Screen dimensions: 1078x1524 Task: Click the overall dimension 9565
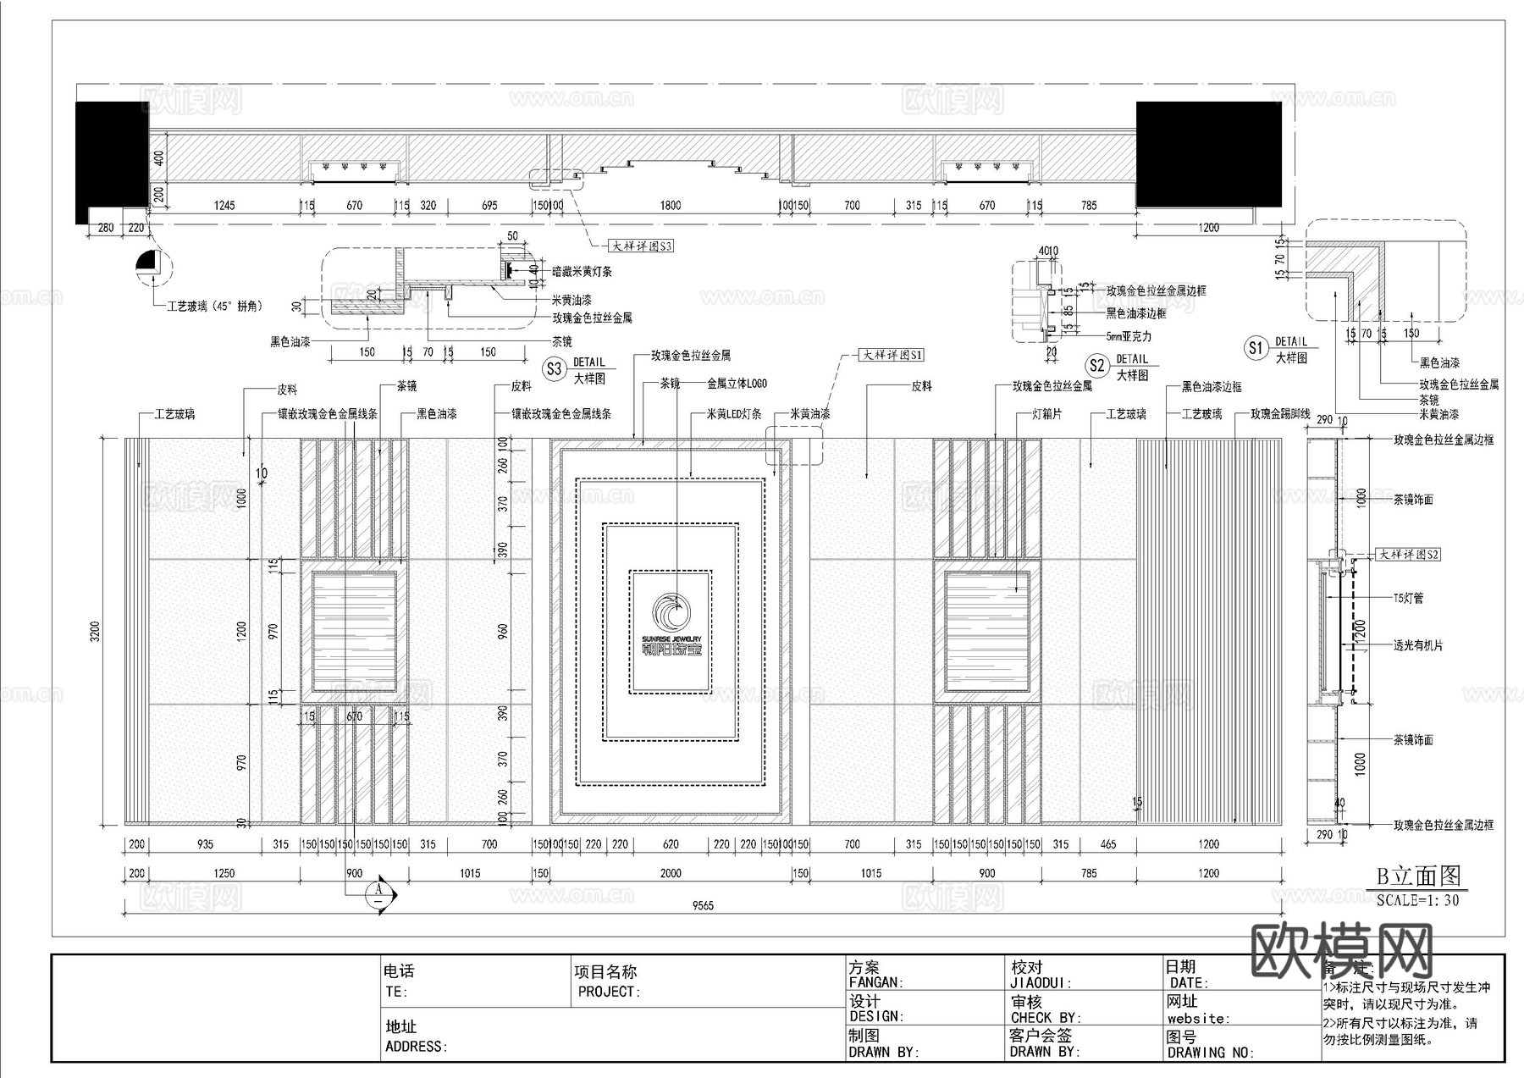[703, 905]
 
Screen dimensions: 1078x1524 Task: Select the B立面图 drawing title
[1418, 876]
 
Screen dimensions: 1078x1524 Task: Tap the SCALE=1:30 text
[1418, 900]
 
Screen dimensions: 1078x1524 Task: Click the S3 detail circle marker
[554, 368]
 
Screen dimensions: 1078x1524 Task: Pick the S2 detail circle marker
[1097, 366]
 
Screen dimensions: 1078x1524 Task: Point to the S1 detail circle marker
[1255, 347]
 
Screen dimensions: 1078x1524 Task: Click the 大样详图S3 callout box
[642, 246]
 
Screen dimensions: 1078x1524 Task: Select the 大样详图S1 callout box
[892, 355]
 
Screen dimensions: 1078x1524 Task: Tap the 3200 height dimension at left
[96, 631]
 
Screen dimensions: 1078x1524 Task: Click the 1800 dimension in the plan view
[670, 205]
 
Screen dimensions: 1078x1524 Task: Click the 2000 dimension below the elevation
[670, 873]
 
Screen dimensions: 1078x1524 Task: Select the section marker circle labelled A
[378, 891]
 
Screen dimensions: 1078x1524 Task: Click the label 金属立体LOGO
[737, 384]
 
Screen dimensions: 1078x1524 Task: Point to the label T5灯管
[1408, 598]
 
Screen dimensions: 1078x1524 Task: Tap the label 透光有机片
[1418, 645]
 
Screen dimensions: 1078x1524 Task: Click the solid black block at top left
[111, 161]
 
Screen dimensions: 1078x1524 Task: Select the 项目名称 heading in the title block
[605, 972]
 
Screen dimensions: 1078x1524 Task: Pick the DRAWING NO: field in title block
[1209, 1053]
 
